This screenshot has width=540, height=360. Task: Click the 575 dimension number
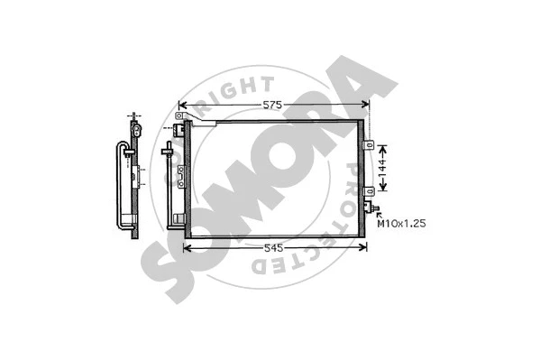273,106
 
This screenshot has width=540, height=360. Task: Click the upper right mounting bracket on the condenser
368,144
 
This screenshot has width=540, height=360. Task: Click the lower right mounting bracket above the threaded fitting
368,191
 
